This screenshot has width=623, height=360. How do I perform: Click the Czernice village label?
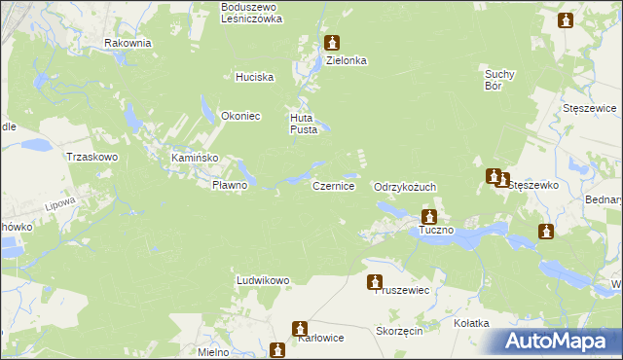pos(333,185)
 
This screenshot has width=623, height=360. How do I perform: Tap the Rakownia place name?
pos(128,43)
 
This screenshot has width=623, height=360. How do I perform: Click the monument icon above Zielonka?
pos(333,43)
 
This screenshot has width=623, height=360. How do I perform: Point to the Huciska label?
pos(255,77)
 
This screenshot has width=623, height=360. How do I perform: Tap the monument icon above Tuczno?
pos(429,218)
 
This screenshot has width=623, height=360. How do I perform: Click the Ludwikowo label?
pos(264,280)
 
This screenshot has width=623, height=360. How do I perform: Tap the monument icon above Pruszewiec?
pos(375,282)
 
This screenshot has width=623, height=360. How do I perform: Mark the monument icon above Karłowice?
pos(301,329)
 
